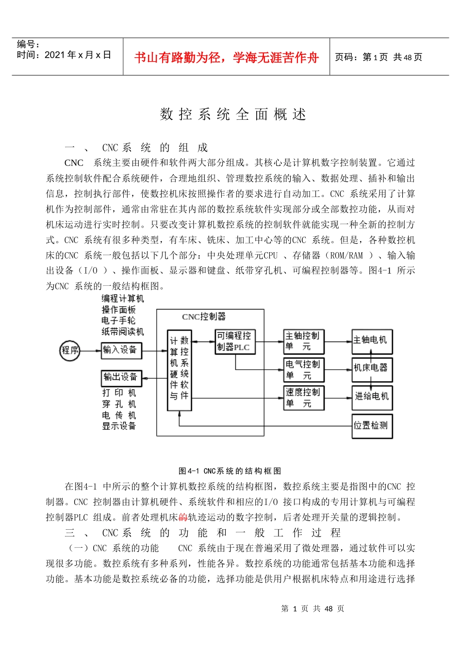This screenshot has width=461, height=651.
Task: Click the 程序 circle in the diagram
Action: point(70,350)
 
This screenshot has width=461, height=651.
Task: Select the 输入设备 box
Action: point(121,350)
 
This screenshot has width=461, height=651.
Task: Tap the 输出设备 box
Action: point(121,377)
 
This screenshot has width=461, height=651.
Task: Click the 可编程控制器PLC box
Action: point(235,342)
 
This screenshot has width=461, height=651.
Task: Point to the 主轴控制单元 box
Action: point(303,342)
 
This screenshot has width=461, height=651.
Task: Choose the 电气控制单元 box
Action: point(303,370)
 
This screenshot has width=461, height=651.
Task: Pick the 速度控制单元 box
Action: point(303,398)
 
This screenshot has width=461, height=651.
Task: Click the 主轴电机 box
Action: point(372,341)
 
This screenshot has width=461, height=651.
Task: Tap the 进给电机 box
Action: point(372,397)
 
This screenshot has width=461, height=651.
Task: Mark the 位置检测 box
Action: point(372,426)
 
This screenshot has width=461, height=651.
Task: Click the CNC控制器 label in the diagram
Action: point(204,317)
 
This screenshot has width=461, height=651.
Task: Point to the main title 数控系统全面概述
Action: point(233,114)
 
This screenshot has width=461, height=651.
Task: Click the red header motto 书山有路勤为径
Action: point(226,58)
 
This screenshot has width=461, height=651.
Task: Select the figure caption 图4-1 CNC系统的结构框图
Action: point(230,471)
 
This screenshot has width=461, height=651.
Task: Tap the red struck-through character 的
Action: point(182,518)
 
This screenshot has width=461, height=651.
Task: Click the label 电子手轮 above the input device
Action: point(118,321)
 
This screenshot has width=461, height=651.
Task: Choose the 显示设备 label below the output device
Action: point(119,426)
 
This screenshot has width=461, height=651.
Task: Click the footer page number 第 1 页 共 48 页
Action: point(313,609)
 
